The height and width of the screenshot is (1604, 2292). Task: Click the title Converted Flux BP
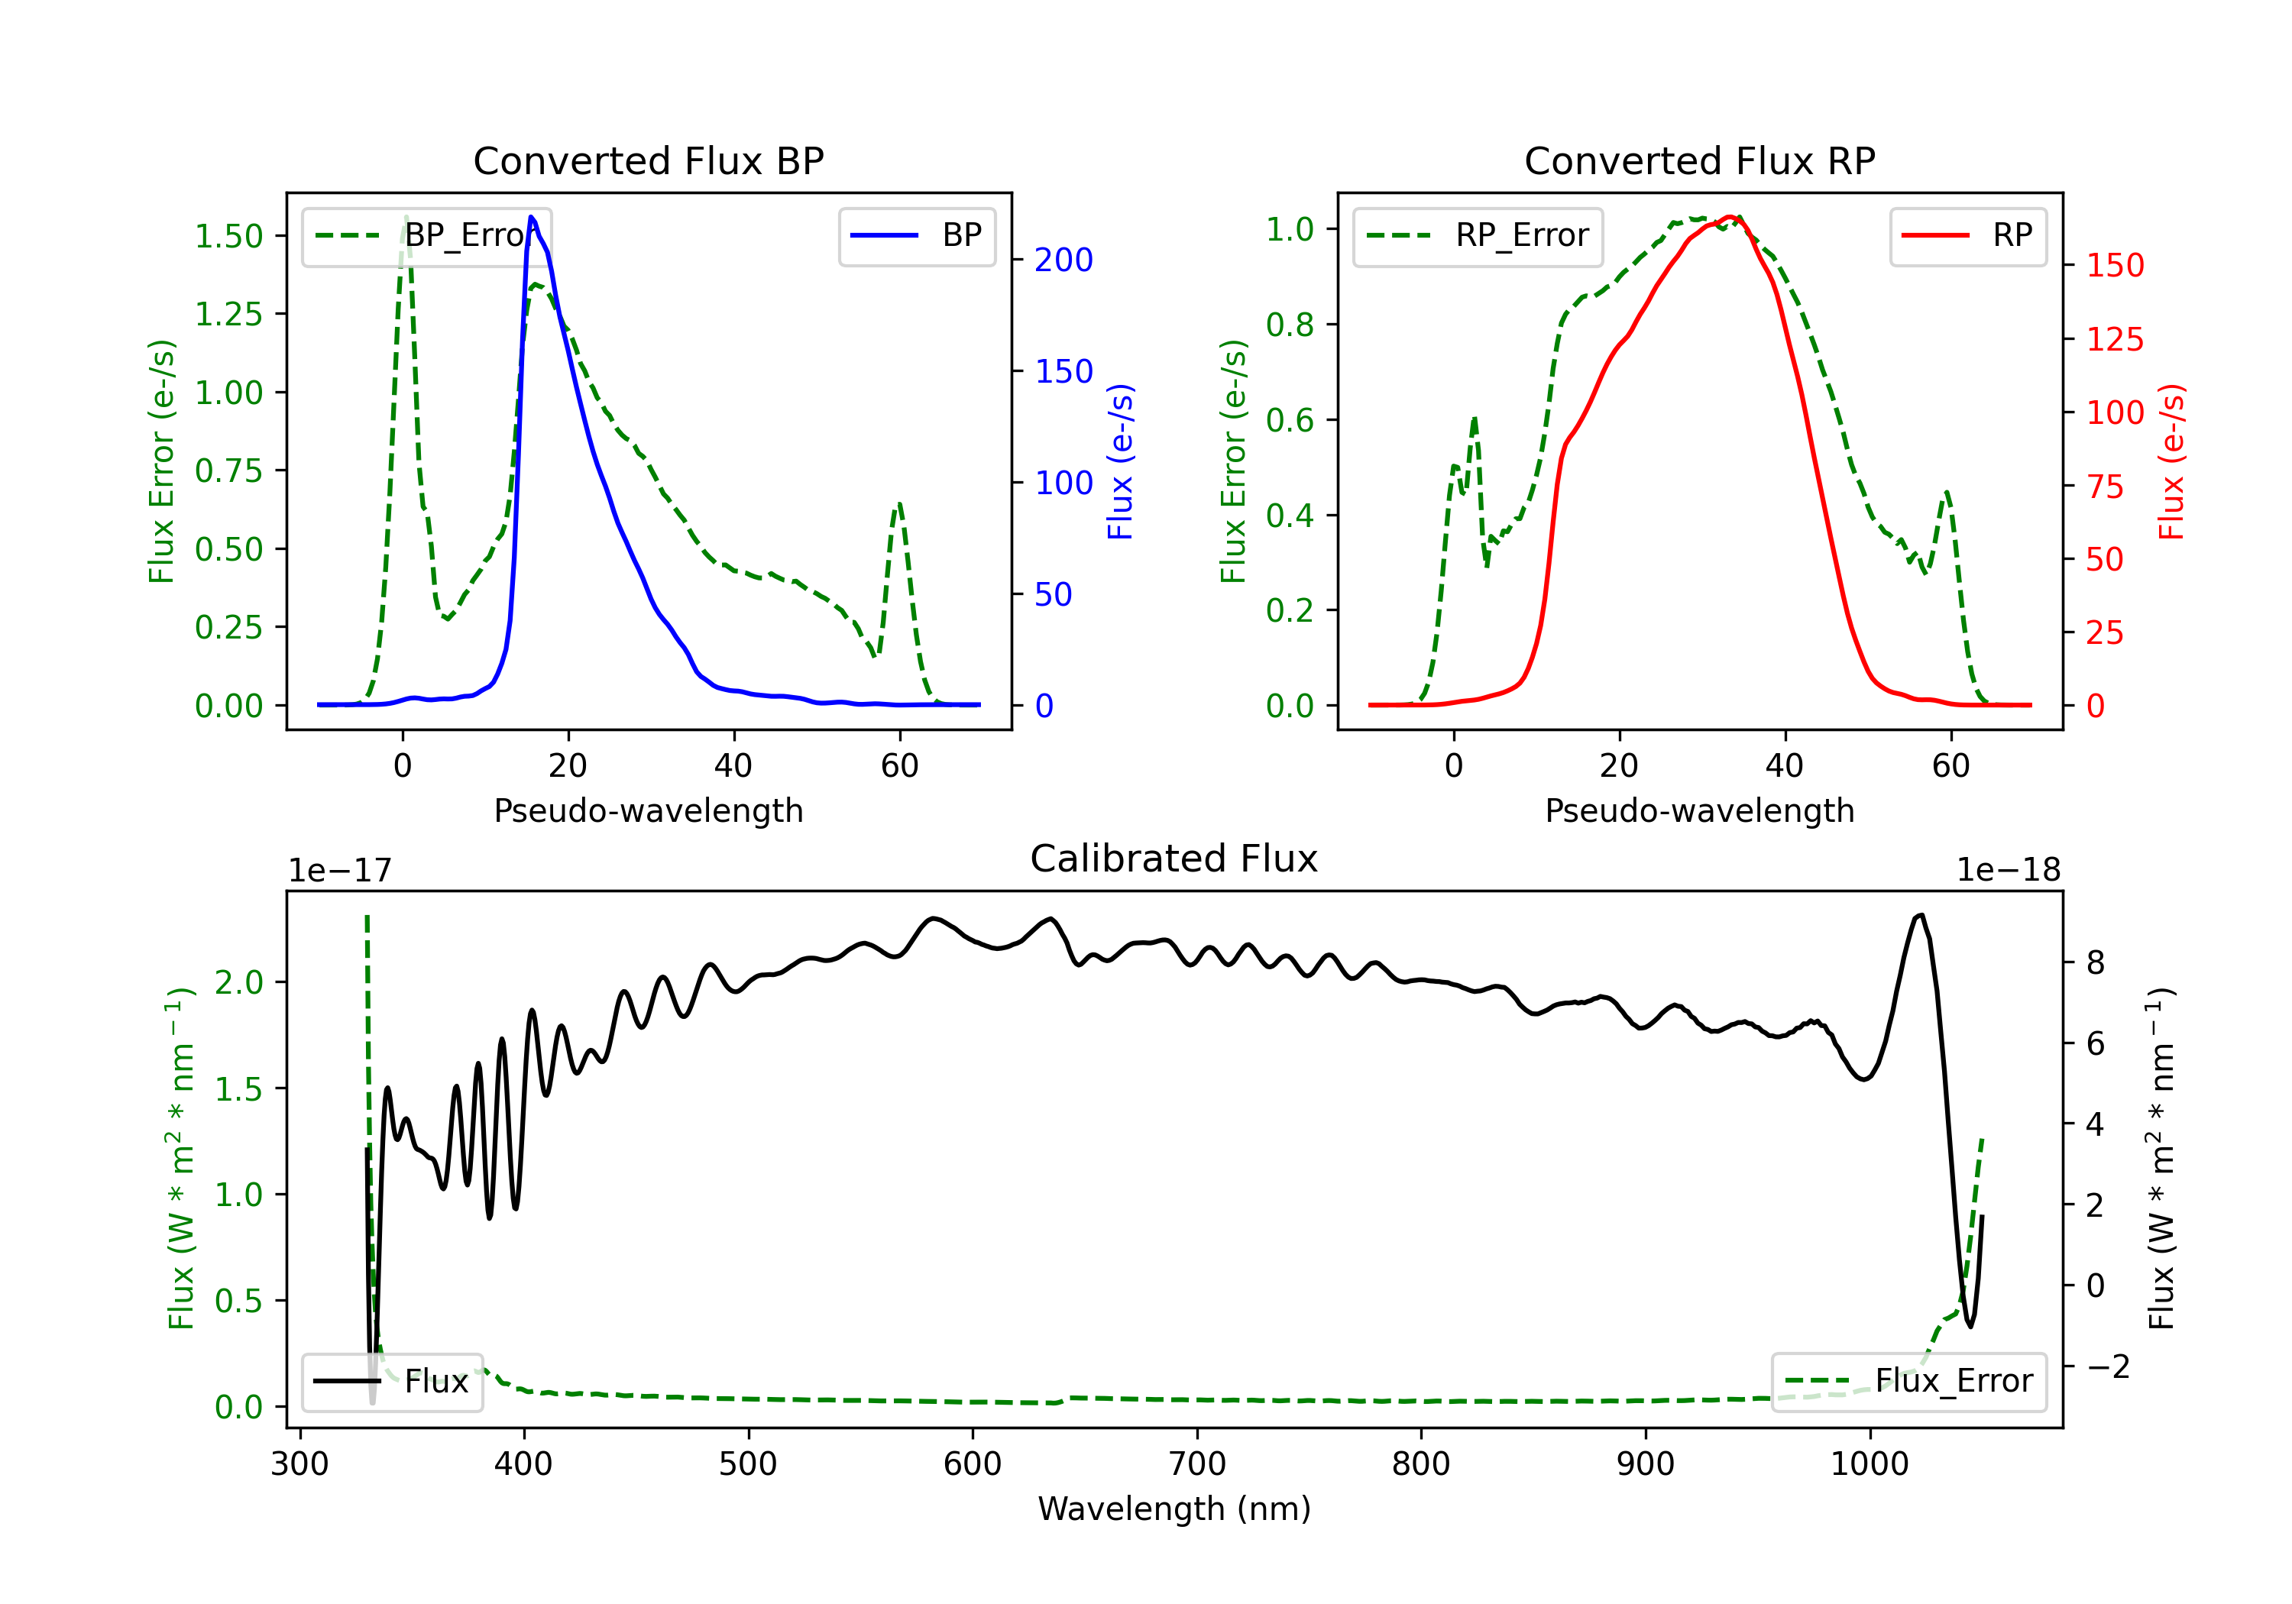coord(648,160)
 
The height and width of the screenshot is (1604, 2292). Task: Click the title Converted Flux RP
coord(1699,160)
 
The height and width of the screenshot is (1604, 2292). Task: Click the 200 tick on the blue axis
coord(1063,260)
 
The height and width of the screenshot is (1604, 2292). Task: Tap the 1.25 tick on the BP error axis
coord(228,315)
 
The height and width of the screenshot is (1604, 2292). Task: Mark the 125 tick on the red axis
coord(2114,339)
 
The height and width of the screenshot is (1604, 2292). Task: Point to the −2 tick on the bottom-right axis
coord(2106,1366)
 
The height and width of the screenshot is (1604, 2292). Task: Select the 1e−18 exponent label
coord(2009,871)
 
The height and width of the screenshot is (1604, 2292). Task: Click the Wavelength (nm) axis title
coord(1174,1509)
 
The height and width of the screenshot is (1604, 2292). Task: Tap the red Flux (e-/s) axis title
coord(2172,461)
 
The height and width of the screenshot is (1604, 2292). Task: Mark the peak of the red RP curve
coord(1732,217)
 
